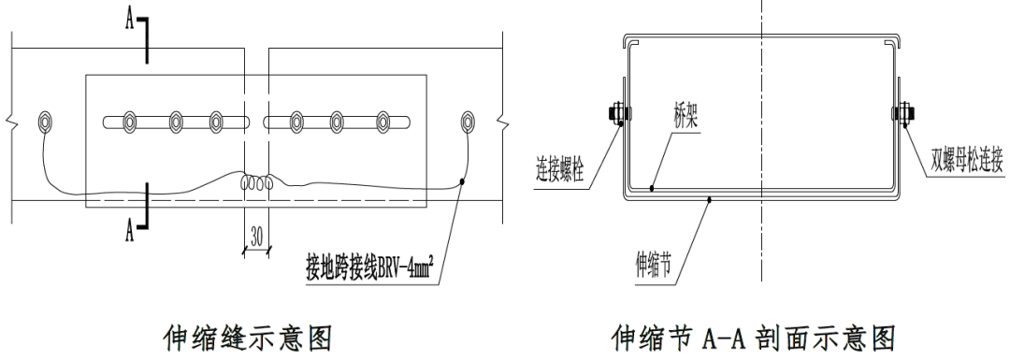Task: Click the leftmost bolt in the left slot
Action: (x=128, y=121)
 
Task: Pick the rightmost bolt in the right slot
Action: (x=382, y=121)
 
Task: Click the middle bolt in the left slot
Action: (x=175, y=121)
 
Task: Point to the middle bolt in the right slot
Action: (x=338, y=121)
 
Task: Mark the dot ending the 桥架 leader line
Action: (x=652, y=189)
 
